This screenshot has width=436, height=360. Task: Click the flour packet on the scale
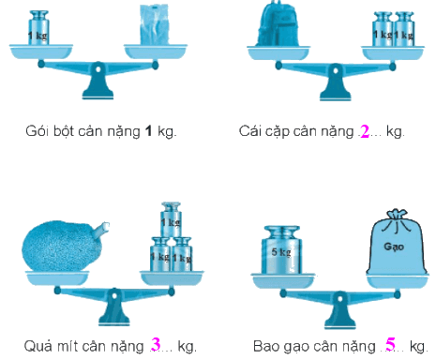click(x=155, y=25)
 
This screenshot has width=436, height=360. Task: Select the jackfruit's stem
click(x=101, y=229)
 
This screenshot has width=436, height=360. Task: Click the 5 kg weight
click(x=281, y=250)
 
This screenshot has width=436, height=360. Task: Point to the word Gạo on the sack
click(x=394, y=247)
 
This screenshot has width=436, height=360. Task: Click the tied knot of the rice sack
click(x=397, y=215)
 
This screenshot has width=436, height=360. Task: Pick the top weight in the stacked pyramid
click(x=171, y=219)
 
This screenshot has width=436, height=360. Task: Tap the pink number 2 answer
click(x=365, y=131)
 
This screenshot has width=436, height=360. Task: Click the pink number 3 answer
click(x=156, y=344)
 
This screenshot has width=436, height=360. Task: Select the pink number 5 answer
click(x=390, y=344)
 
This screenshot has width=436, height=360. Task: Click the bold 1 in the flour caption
click(x=148, y=131)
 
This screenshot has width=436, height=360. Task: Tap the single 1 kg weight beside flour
click(x=38, y=27)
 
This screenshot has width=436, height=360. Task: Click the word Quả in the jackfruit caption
click(x=37, y=346)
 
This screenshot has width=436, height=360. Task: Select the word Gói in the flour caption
click(x=37, y=131)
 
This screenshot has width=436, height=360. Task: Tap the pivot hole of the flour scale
click(x=98, y=68)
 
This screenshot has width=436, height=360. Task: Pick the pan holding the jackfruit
click(x=57, y=277)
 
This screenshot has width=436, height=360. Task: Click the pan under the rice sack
click(x=398, y=280)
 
